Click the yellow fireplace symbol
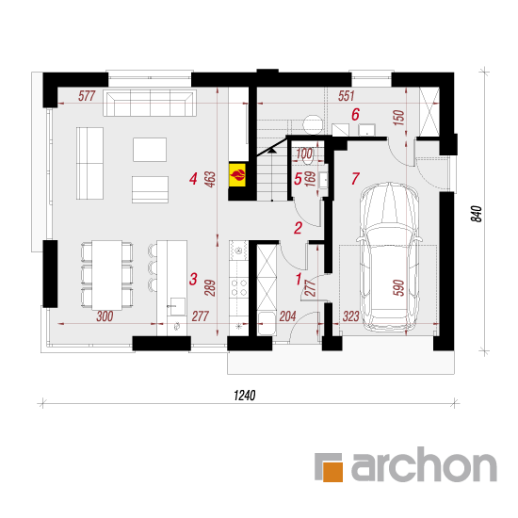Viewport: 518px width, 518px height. point(237,174)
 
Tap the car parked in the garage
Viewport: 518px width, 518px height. point(390,256)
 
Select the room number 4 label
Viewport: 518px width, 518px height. point(193,179)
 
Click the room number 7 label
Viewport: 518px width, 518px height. point(355,178)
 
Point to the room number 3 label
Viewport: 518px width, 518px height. point(193,279)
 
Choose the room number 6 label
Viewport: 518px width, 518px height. point(355,114)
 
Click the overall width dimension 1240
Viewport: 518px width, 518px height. point(245,396)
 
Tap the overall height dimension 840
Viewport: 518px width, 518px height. point(477,214)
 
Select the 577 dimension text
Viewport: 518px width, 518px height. point(87,96)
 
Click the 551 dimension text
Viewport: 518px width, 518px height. point(346,96)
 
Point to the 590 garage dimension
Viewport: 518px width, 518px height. point(398,287)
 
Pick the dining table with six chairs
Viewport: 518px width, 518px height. point(107,275)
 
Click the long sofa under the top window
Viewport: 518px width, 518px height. point(150,103)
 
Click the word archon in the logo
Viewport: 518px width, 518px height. point(424,464)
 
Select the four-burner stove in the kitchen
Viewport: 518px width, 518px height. point(238,287)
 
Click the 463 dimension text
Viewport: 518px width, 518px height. point(210,179)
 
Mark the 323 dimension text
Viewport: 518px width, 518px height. point(350,316)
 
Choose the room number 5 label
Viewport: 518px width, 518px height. point(298,179)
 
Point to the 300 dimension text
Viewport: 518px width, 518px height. point(105,316)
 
